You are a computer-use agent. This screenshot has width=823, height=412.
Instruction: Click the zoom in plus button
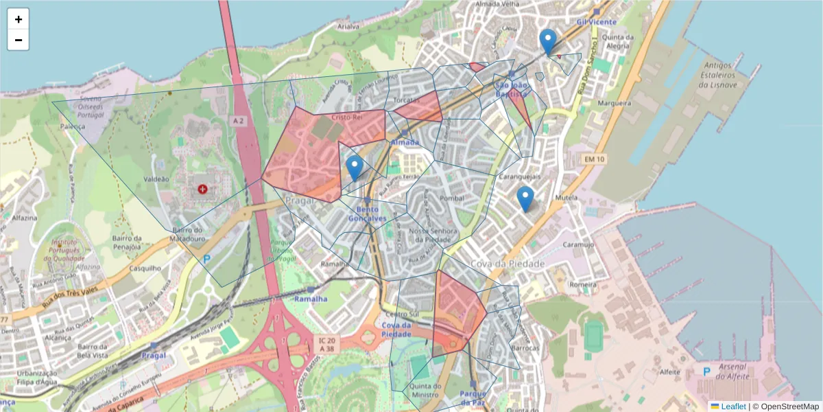pyautogui.click(x=18, y=19)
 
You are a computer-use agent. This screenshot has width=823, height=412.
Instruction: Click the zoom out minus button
pyautogui.click(x=18, y=41)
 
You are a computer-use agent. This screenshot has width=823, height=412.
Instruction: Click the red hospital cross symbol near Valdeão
pyautogui.click(x=202, y=188)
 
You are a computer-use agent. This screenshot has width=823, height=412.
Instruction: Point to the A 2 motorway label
pyautogui.click(x=238, y=121)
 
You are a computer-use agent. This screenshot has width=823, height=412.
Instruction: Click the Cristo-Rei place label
pyautogui.click(x=346, y=117)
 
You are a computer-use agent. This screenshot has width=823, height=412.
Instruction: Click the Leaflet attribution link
pyautogui.click(x=732, y=407)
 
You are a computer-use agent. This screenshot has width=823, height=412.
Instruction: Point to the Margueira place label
pyautogui.click(x=614, y=103)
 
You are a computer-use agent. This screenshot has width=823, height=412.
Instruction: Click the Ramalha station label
pyautogui.click(x=311, y=299)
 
